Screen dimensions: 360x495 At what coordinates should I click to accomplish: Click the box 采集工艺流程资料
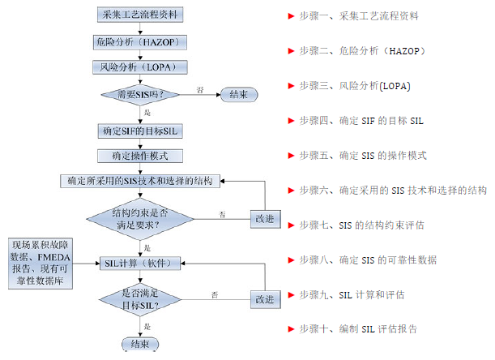(142, 15)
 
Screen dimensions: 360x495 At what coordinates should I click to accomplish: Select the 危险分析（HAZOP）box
(142, 41)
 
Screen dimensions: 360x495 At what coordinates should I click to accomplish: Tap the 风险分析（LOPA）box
(142, 66)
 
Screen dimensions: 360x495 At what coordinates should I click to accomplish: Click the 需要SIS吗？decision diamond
(142, 95)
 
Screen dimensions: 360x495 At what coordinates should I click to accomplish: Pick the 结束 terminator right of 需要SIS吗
(239, 95)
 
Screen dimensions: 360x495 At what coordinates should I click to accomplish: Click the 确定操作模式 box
(142, 154)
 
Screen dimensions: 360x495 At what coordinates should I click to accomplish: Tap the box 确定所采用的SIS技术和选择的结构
(142, 181)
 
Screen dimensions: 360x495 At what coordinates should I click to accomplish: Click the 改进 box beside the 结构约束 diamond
(265, 219)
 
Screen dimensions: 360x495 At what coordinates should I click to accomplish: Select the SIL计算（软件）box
(142, 262)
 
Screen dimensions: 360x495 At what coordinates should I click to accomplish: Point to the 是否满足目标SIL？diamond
(142, 299)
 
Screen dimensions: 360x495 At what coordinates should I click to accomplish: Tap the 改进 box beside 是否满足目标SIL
(265, 299)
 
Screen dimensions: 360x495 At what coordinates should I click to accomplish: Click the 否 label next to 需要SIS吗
(200, 88)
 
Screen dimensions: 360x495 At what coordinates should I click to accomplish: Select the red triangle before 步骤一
(290, 15)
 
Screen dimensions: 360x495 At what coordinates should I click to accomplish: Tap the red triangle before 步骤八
(290, 259)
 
